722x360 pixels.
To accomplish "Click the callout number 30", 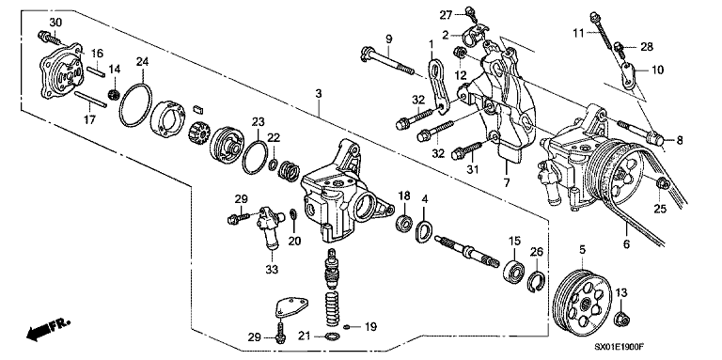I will [x=55, y=22].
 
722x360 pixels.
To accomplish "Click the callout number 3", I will [x=320, y=95].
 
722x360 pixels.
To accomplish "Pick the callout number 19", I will [x=369, y=327].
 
